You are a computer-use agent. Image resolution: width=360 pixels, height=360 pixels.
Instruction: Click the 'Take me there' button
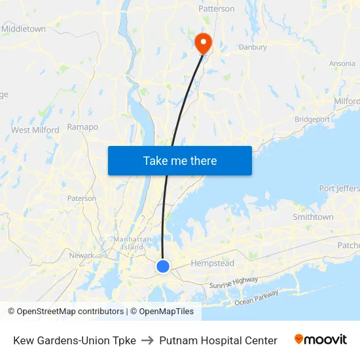click(180, 160)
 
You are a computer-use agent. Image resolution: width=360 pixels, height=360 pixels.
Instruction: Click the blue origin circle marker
click(163, 266)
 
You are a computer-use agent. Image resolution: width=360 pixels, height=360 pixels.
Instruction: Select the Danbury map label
click(252, 47)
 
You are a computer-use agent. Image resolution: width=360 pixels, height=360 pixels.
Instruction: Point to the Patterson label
click(216, 9)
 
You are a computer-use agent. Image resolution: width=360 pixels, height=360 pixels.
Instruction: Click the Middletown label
click(24, 29)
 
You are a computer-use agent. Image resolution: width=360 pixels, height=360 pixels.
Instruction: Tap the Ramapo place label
click(82, 127)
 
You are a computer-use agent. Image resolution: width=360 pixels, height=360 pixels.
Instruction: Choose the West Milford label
click(35, 130)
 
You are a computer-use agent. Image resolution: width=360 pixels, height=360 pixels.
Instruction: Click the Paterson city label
click(82, 198)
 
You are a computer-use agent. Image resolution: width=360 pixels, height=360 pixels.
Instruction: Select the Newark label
click(82, 255)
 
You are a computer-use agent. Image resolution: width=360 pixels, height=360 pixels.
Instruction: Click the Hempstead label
click(212, 263)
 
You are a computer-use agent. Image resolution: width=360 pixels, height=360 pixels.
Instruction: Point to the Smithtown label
click(313, 217)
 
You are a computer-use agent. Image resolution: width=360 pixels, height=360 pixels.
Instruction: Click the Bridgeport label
click(312, 119)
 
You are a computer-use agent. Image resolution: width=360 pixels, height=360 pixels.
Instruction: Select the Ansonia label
click(342, 63)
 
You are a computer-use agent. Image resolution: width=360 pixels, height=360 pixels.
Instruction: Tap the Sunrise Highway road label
click(233, 283)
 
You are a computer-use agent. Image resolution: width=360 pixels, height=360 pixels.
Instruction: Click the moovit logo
click(321, 340)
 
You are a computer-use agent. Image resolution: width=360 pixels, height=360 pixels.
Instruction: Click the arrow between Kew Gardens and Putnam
click(147, 340)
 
